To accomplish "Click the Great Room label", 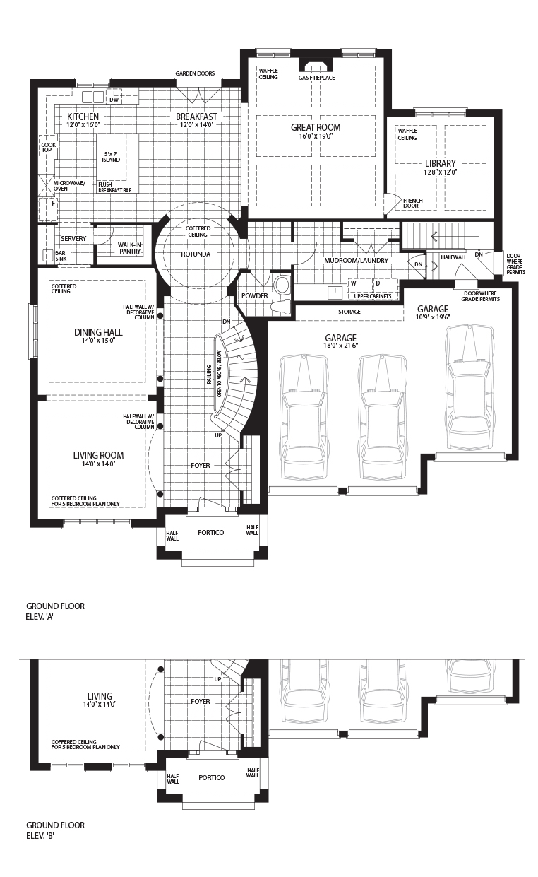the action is tap(316, 127).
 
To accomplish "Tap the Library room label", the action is tap(440, 163).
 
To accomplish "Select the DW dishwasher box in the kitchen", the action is tap(114, 100).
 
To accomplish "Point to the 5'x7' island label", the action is tap(111, 157).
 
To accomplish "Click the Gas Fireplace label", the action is tap(316, 78).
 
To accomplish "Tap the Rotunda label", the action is tap(196, 254).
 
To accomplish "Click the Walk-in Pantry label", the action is tap(129, 248).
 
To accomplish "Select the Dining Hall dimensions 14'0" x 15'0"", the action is tap(98, 341).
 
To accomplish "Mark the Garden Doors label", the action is tap(195, 73).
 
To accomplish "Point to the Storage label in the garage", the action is tap(349, 312).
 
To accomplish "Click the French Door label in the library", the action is tap(413, 204).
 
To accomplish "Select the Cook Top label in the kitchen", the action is tap(49, 147).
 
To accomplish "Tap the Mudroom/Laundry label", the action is tap(356, 260).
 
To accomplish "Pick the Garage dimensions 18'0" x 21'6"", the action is tap(341, 346).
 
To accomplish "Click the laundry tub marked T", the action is tap(335, 292).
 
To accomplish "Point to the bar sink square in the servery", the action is tap(48, 255).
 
